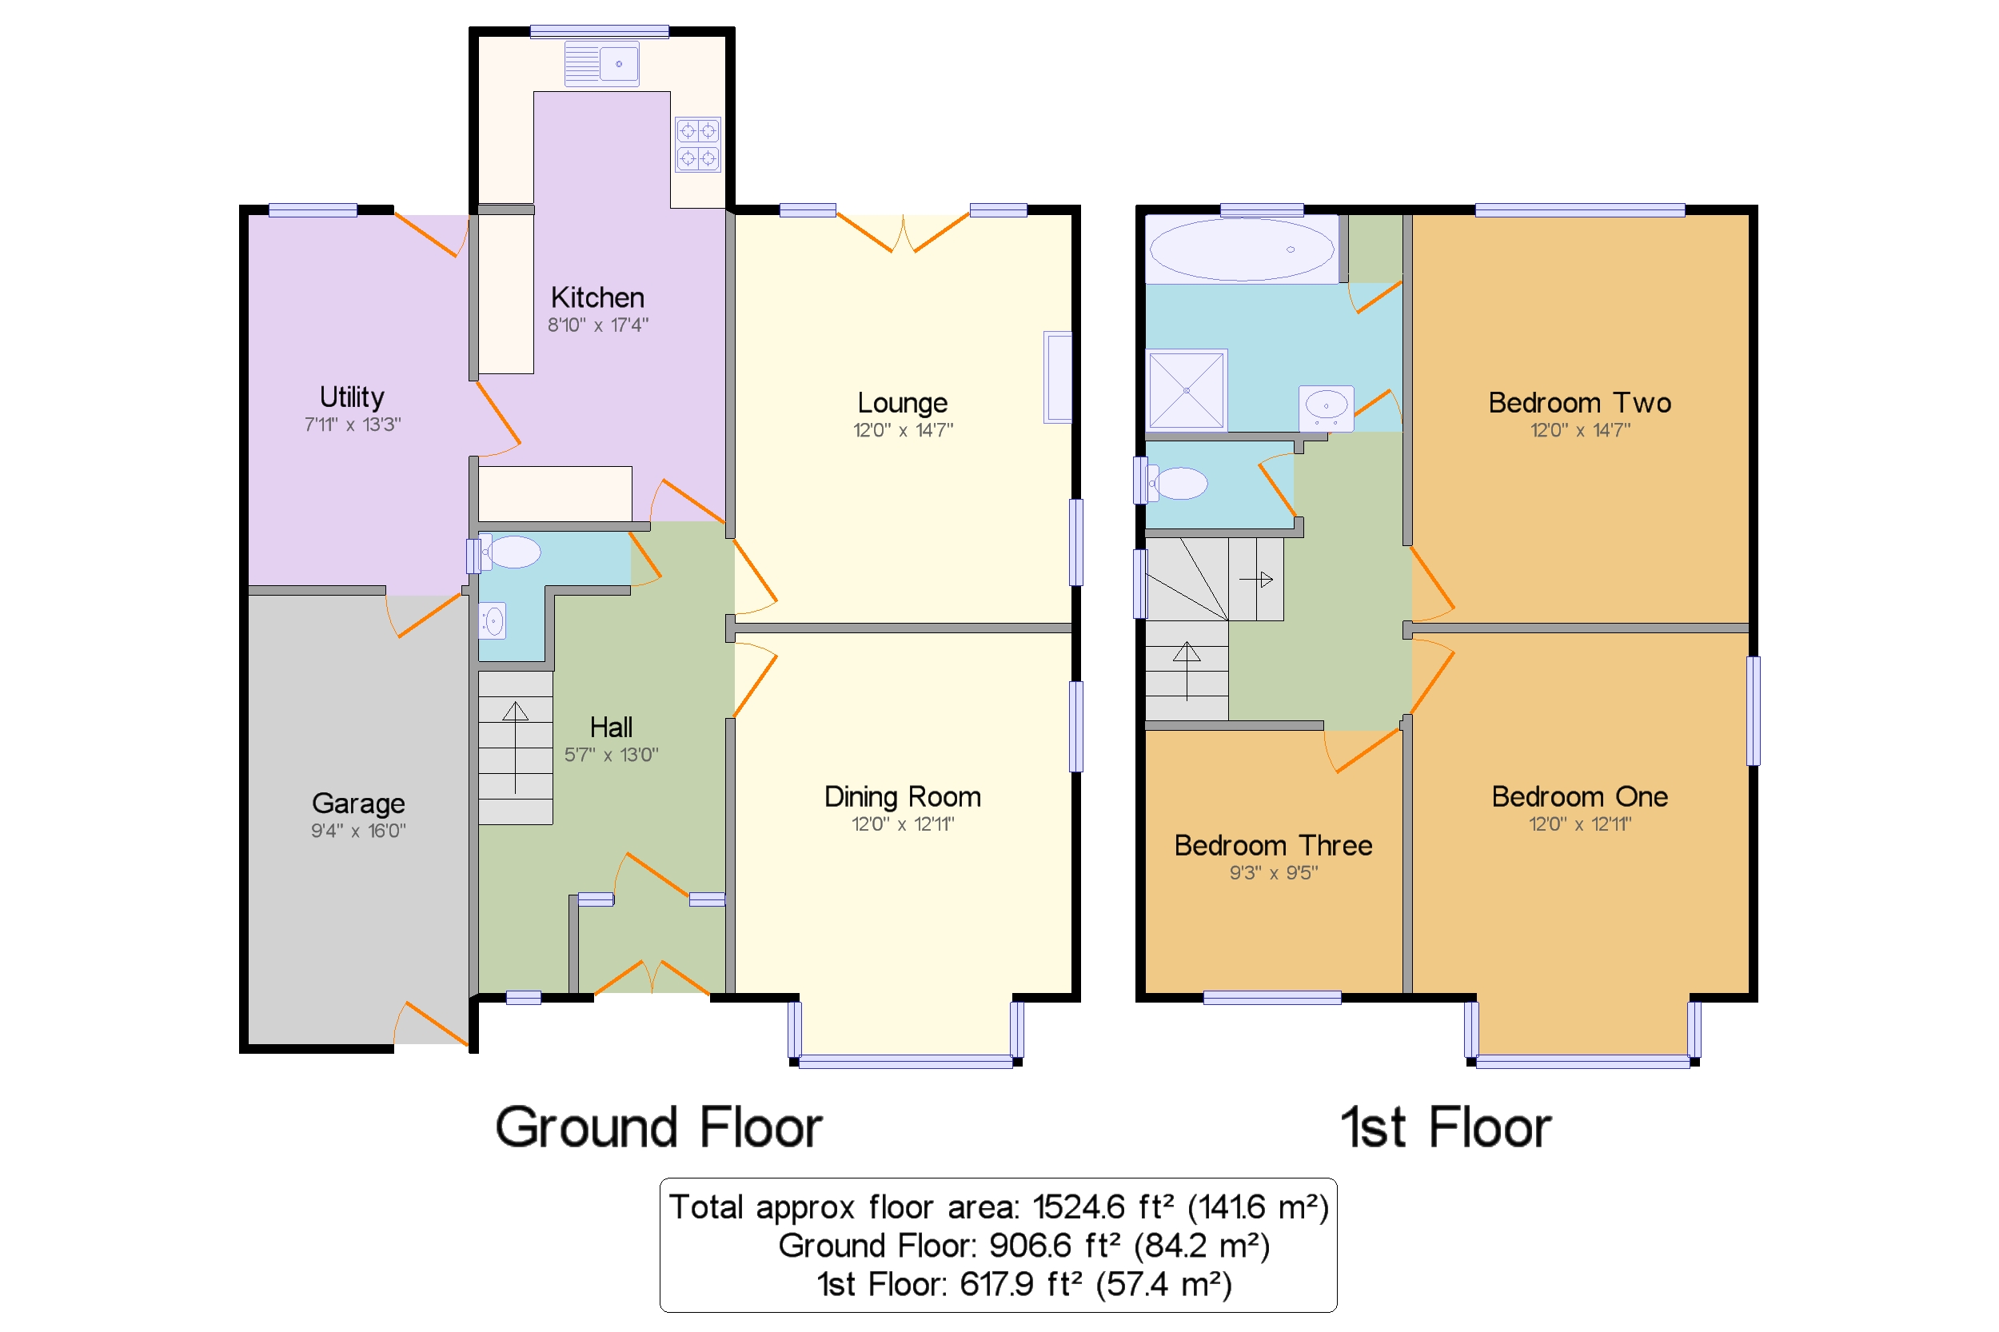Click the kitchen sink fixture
coord(601,64)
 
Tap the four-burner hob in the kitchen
coord(697,145)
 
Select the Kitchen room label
coord(597,297)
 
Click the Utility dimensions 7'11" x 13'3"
coord(353,424)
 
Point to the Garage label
coord(357,804)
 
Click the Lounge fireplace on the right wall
coord(1057,377)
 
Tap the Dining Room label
coord(902,797)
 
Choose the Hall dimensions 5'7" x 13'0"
coord(611,755)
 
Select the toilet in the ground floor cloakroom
coord(509,552)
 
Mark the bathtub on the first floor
coord(1241,249)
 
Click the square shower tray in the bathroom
coord(1186,389)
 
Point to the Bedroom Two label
coord(1579,403)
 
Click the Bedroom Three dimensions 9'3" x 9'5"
coord(1273,872)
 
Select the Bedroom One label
coord(1579,797)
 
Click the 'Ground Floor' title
coord(658,1128)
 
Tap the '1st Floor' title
coord(1445,1128)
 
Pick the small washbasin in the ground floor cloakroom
coord(493,621)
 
